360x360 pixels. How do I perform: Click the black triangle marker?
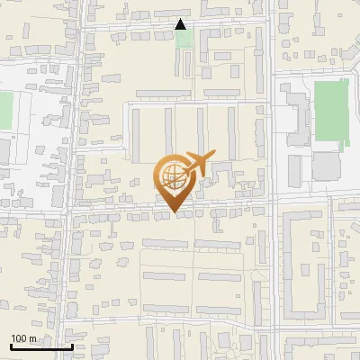point(181,24)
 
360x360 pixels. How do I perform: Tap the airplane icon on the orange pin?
point(197,164)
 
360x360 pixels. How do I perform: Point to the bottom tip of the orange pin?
point(173,213)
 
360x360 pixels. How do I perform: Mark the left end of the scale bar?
point(11,346)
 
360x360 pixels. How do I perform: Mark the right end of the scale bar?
point(72,346)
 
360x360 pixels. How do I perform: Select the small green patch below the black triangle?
point(184,39)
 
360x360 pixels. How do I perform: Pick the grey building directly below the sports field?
point(326,166)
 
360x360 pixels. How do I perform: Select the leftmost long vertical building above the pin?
point(136,135)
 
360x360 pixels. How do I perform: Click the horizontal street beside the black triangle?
point(135,27)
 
